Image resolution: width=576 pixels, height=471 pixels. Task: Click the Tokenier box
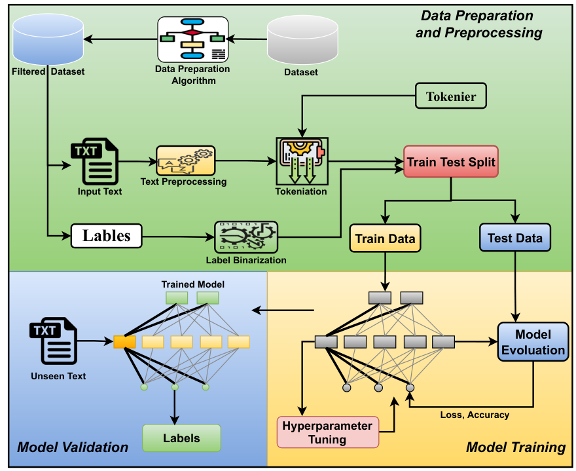(451, 96)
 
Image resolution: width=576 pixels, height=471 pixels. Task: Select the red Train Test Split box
(451, 162)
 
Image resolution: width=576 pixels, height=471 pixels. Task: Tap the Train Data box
(385, 238)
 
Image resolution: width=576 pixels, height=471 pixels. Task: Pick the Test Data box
(515, 238)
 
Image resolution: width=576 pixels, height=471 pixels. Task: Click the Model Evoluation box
(533, 342)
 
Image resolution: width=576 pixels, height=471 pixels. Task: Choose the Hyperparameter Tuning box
(328, 432)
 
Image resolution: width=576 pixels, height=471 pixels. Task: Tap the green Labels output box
(181, 438)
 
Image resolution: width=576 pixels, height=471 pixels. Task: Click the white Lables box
(106, 236)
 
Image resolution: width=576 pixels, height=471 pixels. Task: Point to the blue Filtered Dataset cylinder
(48, 39)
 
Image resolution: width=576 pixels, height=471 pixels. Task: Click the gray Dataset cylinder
(302, 40)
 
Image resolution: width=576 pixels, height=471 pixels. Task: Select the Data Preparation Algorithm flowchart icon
(193, 39)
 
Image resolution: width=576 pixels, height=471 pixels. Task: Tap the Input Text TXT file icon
(95, 161)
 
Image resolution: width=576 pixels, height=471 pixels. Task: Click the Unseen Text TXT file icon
(54, 341)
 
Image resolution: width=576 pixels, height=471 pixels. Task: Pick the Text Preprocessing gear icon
(185, 160)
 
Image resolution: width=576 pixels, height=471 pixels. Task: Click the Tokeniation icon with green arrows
(302, 161)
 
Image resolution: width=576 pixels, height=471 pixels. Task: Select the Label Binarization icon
(245, 237)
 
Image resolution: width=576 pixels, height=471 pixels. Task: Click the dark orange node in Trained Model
(124, 342)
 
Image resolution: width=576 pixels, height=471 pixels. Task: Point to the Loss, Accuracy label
(475, 415)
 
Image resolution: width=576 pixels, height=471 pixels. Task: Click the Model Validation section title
(73, 447)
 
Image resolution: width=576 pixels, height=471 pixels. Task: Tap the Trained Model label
(193, 284)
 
